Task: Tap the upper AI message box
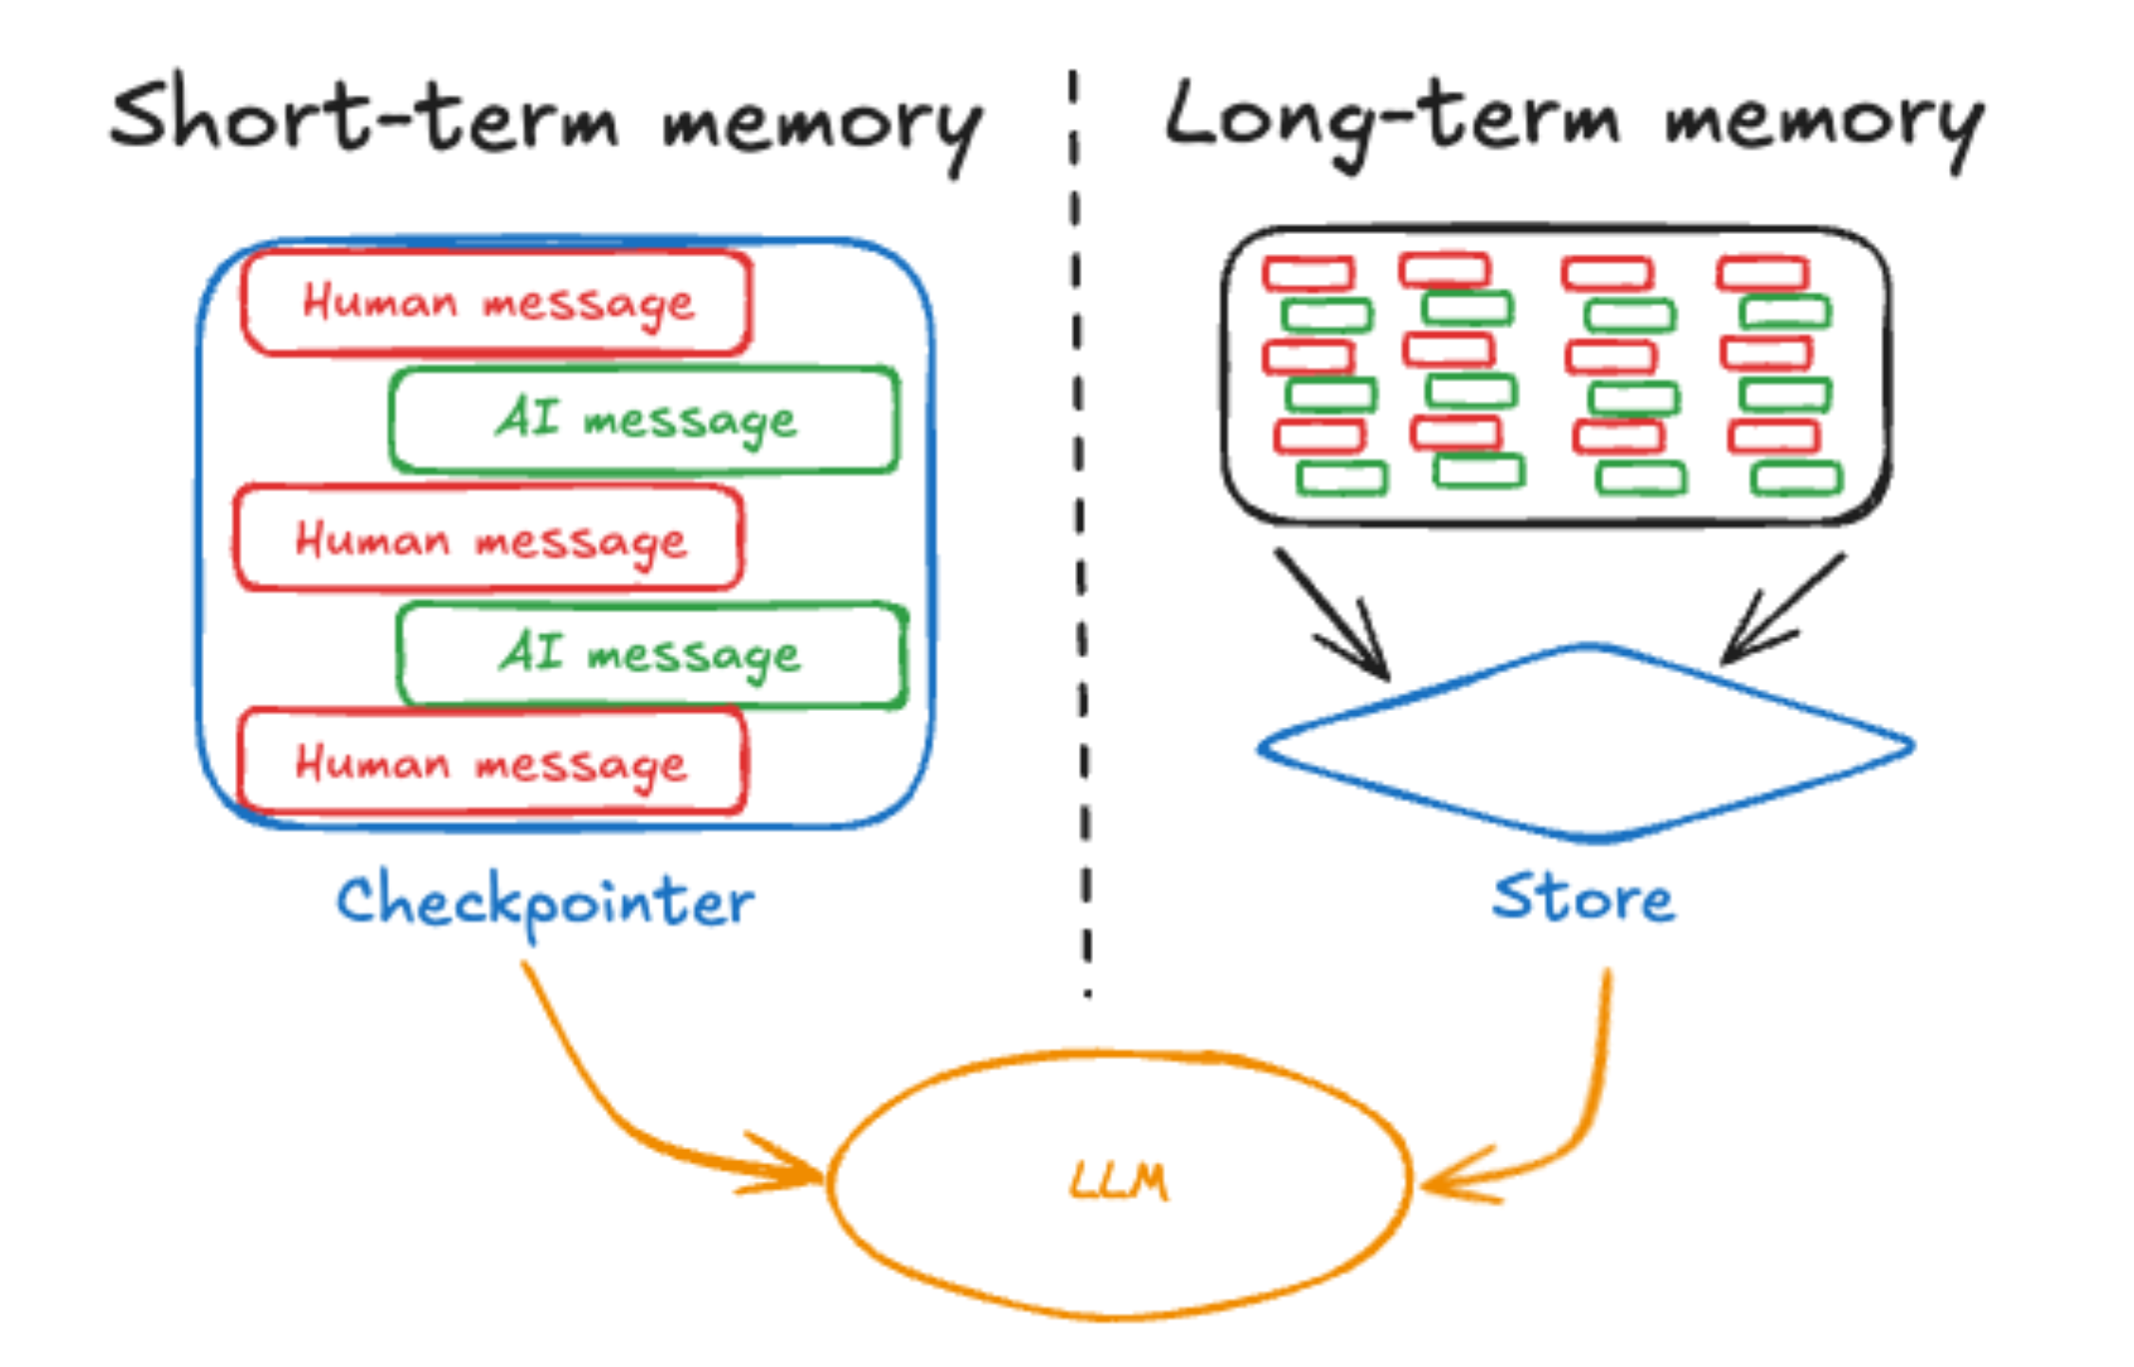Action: (x=645, y=419)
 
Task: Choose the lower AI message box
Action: (x=650, y=654)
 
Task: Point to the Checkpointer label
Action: (x=545, y=902)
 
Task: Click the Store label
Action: (x=1583, y=899)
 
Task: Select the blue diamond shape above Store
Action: (x=1585, y=744)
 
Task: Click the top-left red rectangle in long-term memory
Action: (x=1308, y=273)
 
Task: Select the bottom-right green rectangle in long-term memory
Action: (x=1797, y=478)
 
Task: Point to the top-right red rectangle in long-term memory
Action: (x=1762, y=273)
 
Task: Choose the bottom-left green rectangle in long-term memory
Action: (x=1341, y=478)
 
